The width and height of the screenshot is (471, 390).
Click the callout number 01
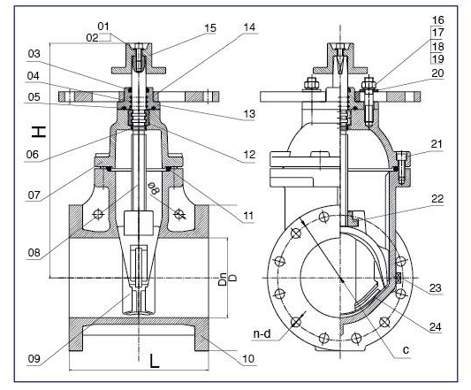(103, 27)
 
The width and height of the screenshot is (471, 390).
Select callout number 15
(210, 28)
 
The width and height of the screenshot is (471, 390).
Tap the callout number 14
(249, 27)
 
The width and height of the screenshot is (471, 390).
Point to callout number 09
(34, 358)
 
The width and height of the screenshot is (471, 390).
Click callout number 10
(248, 358)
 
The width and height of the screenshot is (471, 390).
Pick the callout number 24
(436, 326)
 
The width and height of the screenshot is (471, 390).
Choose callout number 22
(437, 198)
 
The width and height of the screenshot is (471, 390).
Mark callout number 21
(437, 144)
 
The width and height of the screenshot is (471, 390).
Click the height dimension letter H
(39, 132)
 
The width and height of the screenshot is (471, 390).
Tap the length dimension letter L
(155, 361)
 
